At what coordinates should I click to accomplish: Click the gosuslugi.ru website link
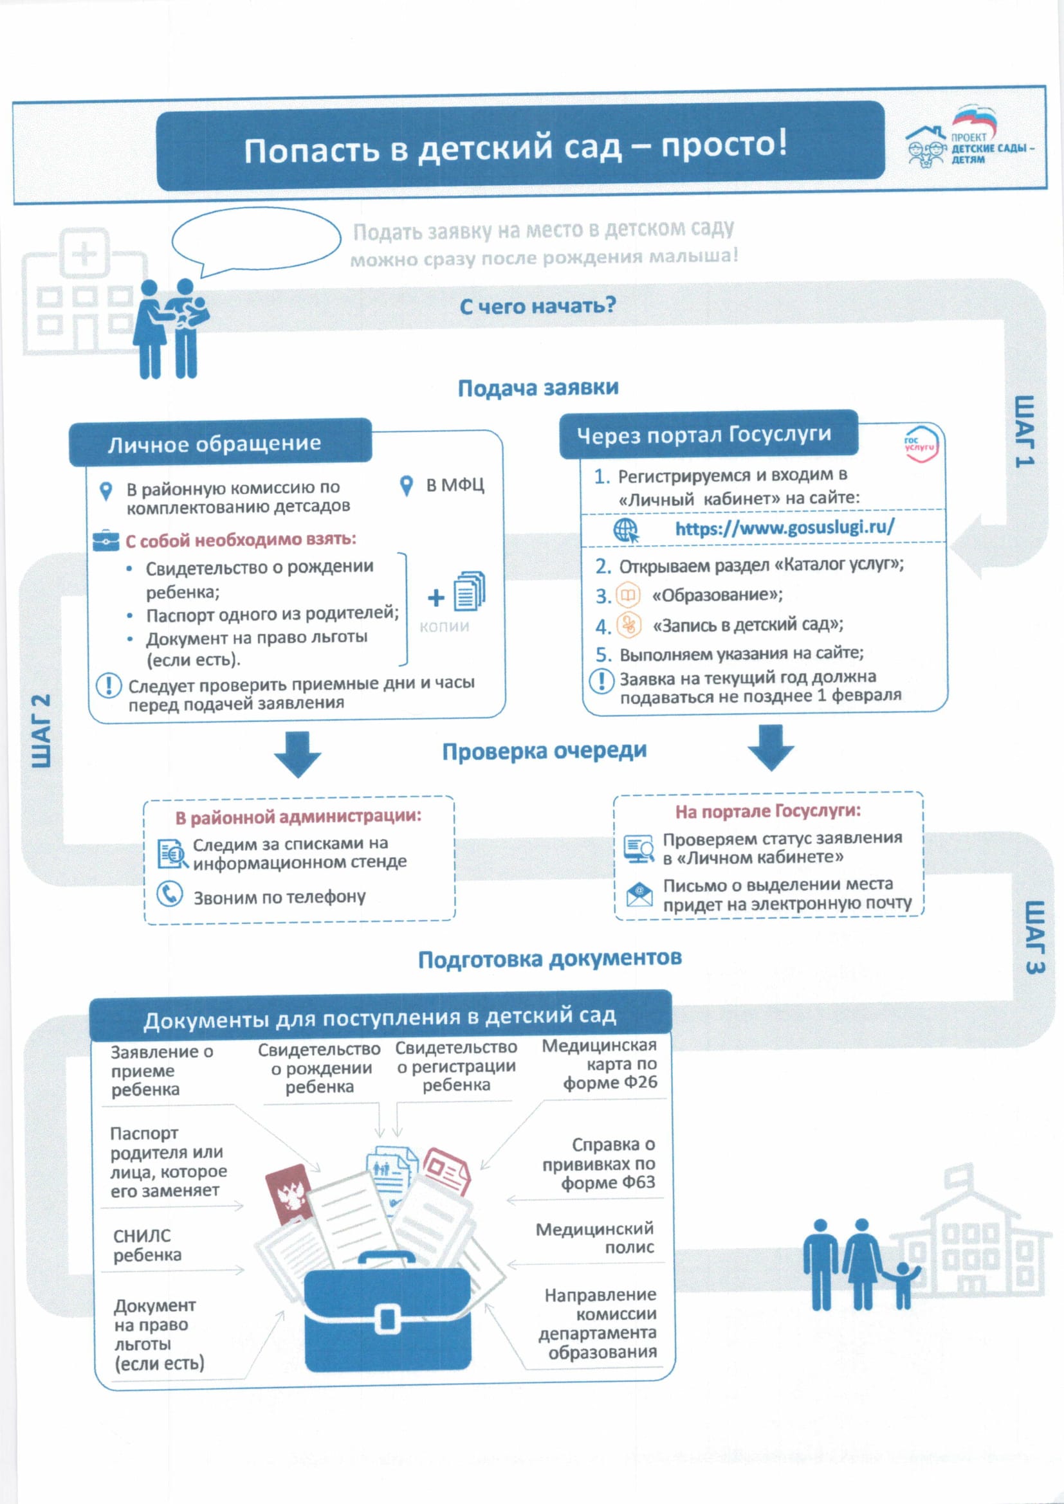point(784,527)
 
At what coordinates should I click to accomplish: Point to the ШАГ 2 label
point(41,730)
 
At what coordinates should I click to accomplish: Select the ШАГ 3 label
point(1033,937)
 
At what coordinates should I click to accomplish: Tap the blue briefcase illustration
point(388,1314)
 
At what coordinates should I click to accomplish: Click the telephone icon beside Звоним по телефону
point(170,894)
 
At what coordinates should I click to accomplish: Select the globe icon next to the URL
point(626,530)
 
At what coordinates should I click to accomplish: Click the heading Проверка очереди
point(544,750)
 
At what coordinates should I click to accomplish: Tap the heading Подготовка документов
point(549,959)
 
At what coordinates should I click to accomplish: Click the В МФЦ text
point(455,485)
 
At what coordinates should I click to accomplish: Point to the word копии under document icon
point(445,626)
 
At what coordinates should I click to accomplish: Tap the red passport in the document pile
point(288,1193)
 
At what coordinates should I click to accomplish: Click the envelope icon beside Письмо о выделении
point(639,894)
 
